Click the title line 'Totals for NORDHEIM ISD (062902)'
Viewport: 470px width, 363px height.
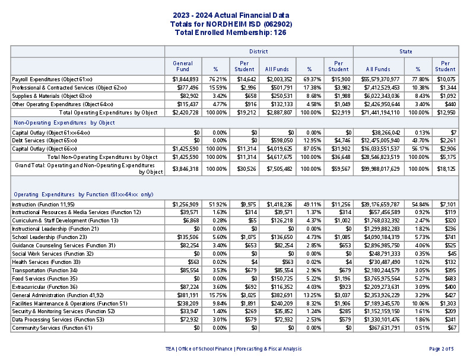234,23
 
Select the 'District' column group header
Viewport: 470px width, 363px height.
258,52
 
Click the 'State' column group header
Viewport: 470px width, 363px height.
406,52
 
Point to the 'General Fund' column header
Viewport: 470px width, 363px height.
182,66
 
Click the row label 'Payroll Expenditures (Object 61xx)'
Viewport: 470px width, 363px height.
52,79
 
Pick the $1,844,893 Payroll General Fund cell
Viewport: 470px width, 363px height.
186,79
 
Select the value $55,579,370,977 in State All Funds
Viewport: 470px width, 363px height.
380,79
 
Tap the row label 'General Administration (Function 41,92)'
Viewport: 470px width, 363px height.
58,295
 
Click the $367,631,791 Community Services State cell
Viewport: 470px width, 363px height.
383,328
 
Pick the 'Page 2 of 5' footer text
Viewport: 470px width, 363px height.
441,348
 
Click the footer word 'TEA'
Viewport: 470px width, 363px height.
170,348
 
